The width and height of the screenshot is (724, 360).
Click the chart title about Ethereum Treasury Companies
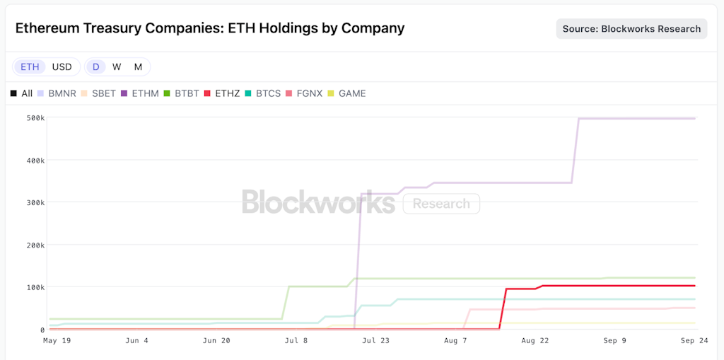(x=210, y=28)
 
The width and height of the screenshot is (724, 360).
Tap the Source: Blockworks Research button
(x=631, y=29)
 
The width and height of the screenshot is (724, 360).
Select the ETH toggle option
(x=30, y=66)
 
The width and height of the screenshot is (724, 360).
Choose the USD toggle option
(x=62, y=66)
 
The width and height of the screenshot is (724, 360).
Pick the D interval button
(x=95, y=66)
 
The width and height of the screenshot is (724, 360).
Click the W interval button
(x=117, y=66)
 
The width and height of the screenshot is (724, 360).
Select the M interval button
(x=138, y=66)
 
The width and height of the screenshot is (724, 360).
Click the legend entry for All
(x=22, y=93)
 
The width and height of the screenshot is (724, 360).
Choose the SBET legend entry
(x=98, y=93)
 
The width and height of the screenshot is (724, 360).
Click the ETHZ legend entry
(x=222, y=93)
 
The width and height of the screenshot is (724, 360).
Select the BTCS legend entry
(x=263, y=93)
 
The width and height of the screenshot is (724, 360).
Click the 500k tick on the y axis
(x=36, y=117)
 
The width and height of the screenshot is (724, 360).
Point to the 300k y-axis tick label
(x=36, y=202)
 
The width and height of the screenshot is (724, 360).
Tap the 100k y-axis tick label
(x=36, y=287)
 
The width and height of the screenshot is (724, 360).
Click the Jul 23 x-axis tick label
(x=375, y=340)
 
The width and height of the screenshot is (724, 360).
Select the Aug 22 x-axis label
(x=535, y=340)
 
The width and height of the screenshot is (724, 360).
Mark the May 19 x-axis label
(x=57, y=340)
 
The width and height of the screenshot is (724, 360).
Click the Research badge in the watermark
(x=441, y=204)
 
